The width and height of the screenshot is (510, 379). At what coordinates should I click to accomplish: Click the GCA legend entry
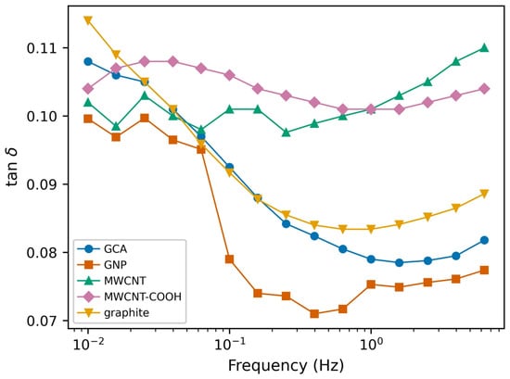[x=102, y=249]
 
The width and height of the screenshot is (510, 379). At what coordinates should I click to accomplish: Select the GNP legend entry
[x=102, y=265]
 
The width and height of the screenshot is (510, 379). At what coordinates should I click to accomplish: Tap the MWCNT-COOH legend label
[x=143, y=297]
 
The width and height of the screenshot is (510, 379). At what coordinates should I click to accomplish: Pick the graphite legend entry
[x=113, y=312]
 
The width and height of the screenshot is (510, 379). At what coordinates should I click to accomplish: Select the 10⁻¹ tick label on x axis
[x=229, y=344]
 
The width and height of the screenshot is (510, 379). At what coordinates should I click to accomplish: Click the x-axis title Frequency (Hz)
[x=286, y=366]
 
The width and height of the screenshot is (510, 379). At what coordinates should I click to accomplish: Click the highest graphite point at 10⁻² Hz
[x=88, y=20]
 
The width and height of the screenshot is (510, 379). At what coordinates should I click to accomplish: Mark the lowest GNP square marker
[x=314, y=313]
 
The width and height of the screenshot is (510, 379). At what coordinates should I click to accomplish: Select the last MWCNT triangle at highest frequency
[x=484, y=48]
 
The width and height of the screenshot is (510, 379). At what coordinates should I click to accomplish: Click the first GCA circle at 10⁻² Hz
[x=88, y=61]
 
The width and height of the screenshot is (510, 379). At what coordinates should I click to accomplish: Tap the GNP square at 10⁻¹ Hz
[x=229, y=259]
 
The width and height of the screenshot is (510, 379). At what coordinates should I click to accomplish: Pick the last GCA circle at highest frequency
[x=484, y=240]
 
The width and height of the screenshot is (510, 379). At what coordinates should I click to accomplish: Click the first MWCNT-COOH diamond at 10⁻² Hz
[x=88, y=88]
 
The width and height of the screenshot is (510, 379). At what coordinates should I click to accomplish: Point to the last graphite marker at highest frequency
[x=484, y=194]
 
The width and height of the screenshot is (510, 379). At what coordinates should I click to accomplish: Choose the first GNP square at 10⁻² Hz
[x=88, y=119]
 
